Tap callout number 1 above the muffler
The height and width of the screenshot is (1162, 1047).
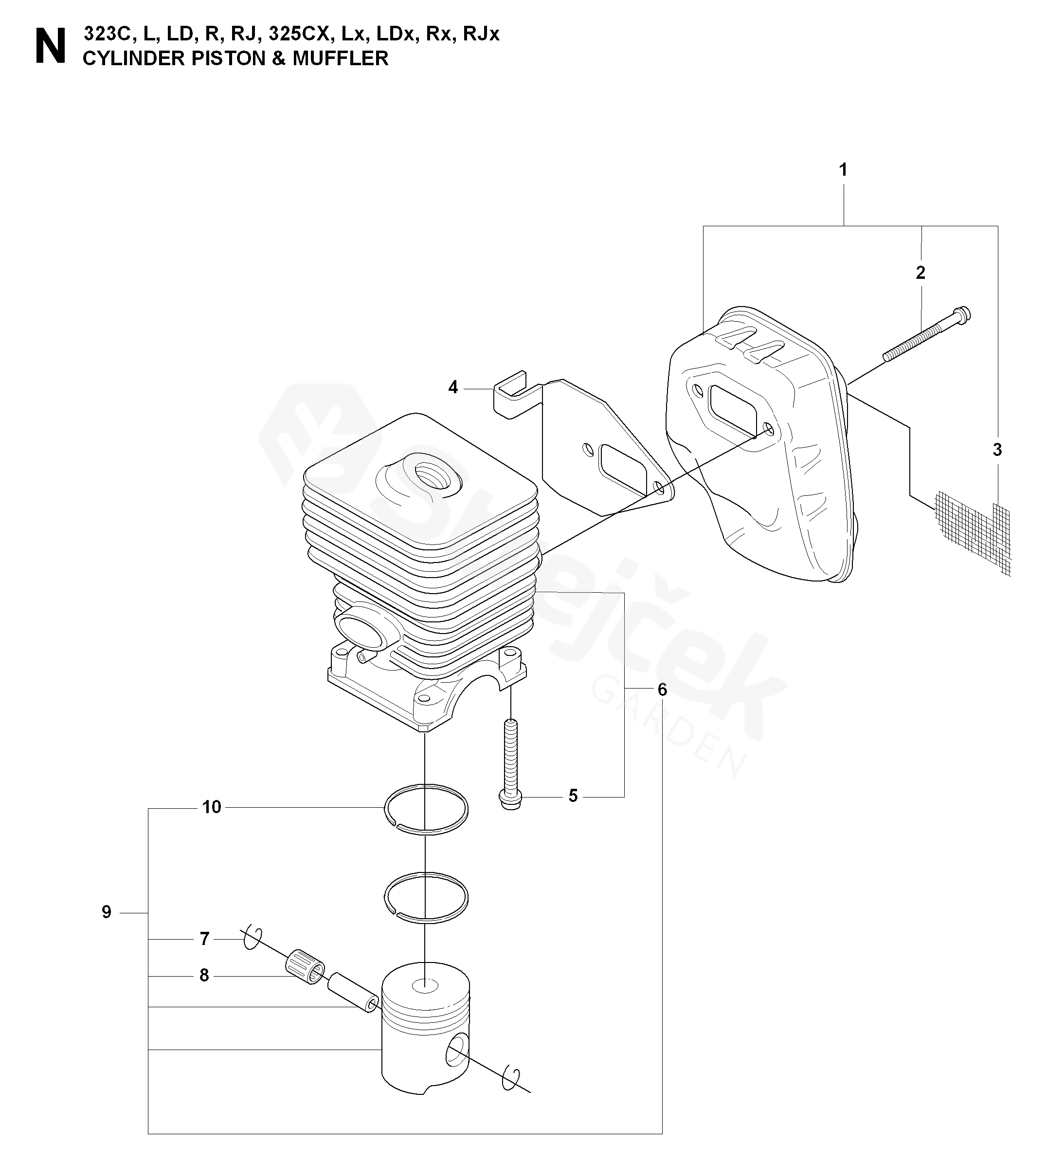pos(843,170)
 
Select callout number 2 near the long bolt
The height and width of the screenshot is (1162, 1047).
pos(921,272)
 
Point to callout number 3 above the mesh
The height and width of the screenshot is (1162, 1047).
pos(997,450)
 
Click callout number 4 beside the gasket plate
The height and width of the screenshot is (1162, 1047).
pos(453,388)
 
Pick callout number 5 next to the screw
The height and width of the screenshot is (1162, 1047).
pos(573,796)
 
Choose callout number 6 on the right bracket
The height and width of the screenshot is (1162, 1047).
pos(662,689)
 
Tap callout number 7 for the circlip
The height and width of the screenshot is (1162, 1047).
pos(204,939)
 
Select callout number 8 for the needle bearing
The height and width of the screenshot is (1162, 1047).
pos(204,976)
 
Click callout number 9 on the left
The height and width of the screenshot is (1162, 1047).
pos(107,912)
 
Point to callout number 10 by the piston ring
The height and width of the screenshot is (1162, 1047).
pos(212,807)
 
